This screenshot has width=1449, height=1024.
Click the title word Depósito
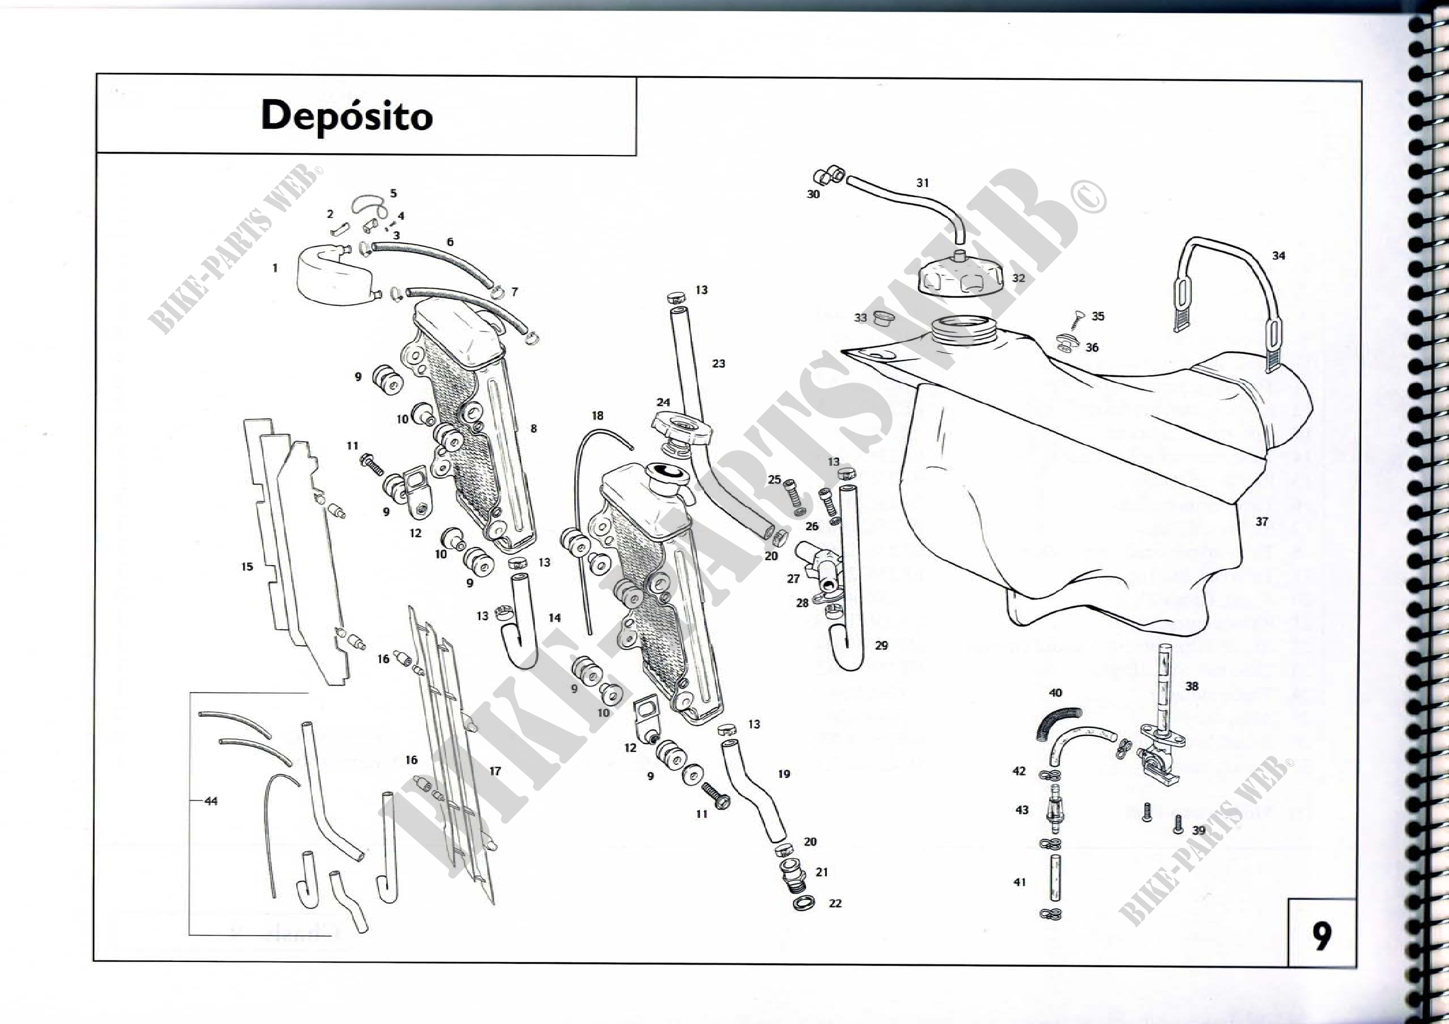tap(346, 116)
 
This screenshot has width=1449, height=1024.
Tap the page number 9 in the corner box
tap(1321, 936)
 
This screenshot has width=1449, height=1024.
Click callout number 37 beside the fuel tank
tap(1261, 522)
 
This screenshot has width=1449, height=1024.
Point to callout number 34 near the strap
tap(1278, 255)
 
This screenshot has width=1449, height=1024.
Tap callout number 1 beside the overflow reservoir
tap(275, 268)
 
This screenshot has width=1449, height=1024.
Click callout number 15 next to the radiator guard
tap(247, 567)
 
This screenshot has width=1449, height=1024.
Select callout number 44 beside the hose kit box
tap(211, 801)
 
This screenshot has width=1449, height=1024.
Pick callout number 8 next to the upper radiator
tap(533, 429)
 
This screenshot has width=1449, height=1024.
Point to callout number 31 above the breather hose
tap(922, 183)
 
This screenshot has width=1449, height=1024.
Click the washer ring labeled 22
tap(803, 903)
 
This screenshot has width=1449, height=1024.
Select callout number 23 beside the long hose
tap(718, 364)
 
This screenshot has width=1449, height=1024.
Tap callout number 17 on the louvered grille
tap(495, 771)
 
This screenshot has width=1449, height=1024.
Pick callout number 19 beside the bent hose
tap(784, 774)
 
